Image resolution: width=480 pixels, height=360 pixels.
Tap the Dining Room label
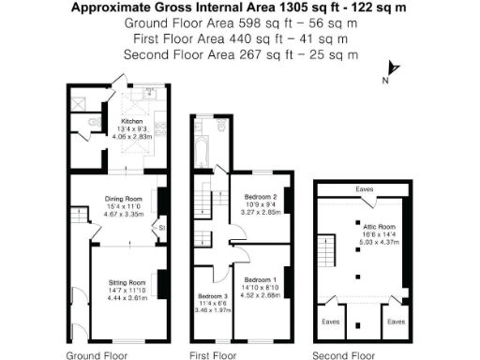[123, 199]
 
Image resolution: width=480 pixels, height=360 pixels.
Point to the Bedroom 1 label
[259, 280]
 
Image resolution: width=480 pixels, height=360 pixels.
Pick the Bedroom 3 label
[213, 297]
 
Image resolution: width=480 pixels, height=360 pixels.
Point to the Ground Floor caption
[97, 355]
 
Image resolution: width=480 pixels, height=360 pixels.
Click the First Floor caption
[212, 355]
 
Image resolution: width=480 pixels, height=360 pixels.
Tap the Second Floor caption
[343, 355]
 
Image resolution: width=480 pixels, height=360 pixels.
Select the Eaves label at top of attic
[364, 189]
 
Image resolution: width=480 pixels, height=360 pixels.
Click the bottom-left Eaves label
[330, 322]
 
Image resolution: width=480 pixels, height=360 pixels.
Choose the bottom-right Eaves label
[396, 322]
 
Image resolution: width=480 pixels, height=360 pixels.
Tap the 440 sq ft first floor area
[240, 39]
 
